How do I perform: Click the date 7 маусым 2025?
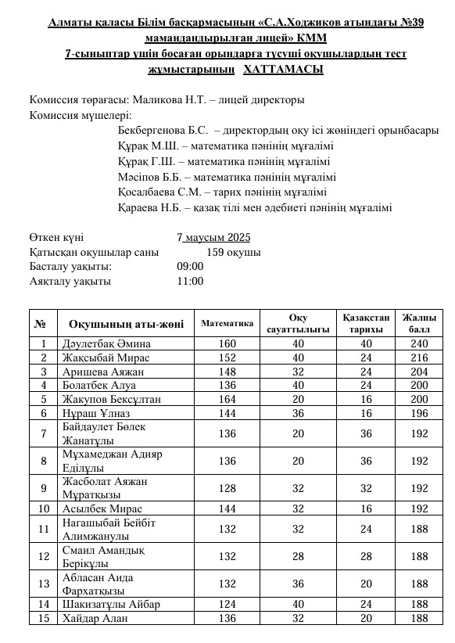click(213, 238)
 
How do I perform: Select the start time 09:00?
click(190, 267)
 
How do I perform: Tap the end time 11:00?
click(190, 281)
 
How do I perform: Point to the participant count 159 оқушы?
click(233, 253)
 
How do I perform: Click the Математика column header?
click(227, 323)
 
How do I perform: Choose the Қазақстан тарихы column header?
click(366, 323)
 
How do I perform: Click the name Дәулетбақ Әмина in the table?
click(106, 343)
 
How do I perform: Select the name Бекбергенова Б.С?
click(163, 131)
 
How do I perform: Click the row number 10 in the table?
click(44, 508)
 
